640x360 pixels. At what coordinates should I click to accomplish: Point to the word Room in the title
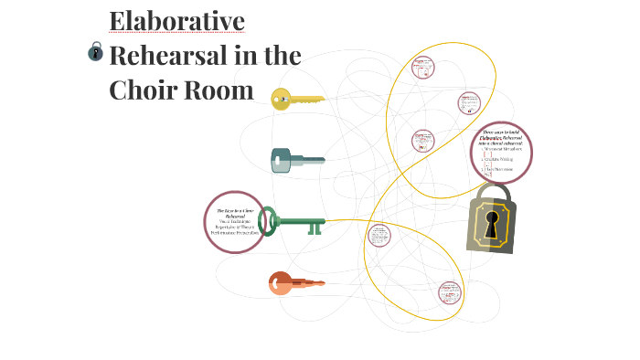[221, 90]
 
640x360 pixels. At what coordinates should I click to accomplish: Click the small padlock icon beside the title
[95, 52]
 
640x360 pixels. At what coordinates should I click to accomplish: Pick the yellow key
[296, 99]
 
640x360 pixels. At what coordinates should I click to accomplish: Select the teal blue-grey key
[296, 161]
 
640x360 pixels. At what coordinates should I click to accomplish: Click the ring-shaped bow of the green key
[268, 220]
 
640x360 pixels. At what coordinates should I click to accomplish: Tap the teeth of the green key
[315, 228]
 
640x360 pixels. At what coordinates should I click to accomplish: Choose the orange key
[294, 282]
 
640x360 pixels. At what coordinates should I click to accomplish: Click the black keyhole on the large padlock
[492, 226]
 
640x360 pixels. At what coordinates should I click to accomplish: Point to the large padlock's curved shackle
[492, 193]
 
